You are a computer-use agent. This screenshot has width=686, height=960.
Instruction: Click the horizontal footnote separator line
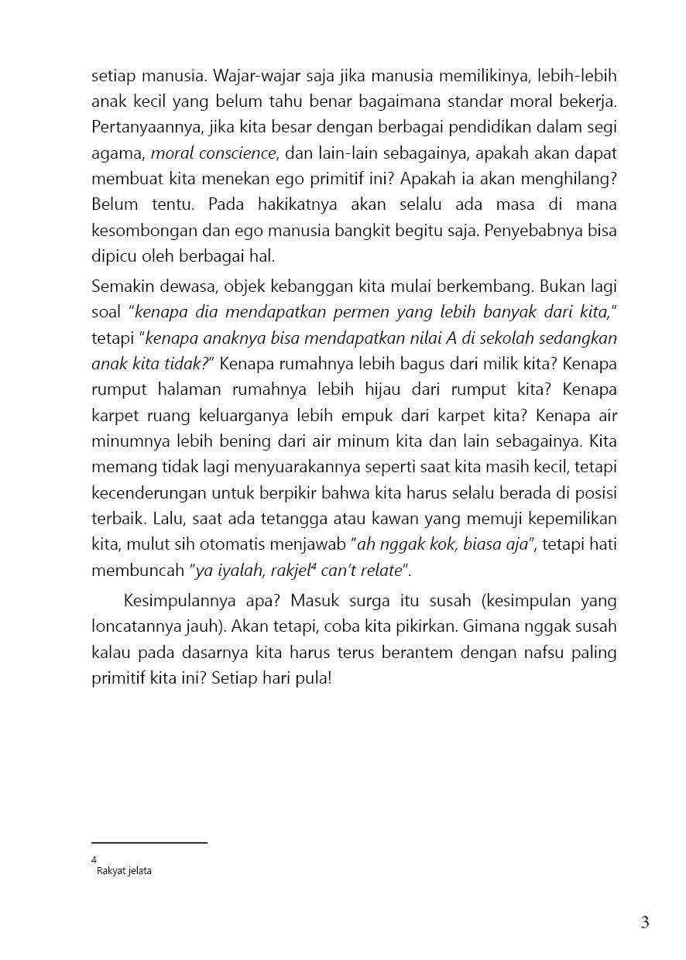149,842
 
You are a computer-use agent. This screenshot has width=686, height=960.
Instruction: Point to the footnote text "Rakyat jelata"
124,871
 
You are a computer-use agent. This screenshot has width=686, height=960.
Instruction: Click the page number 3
644,922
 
